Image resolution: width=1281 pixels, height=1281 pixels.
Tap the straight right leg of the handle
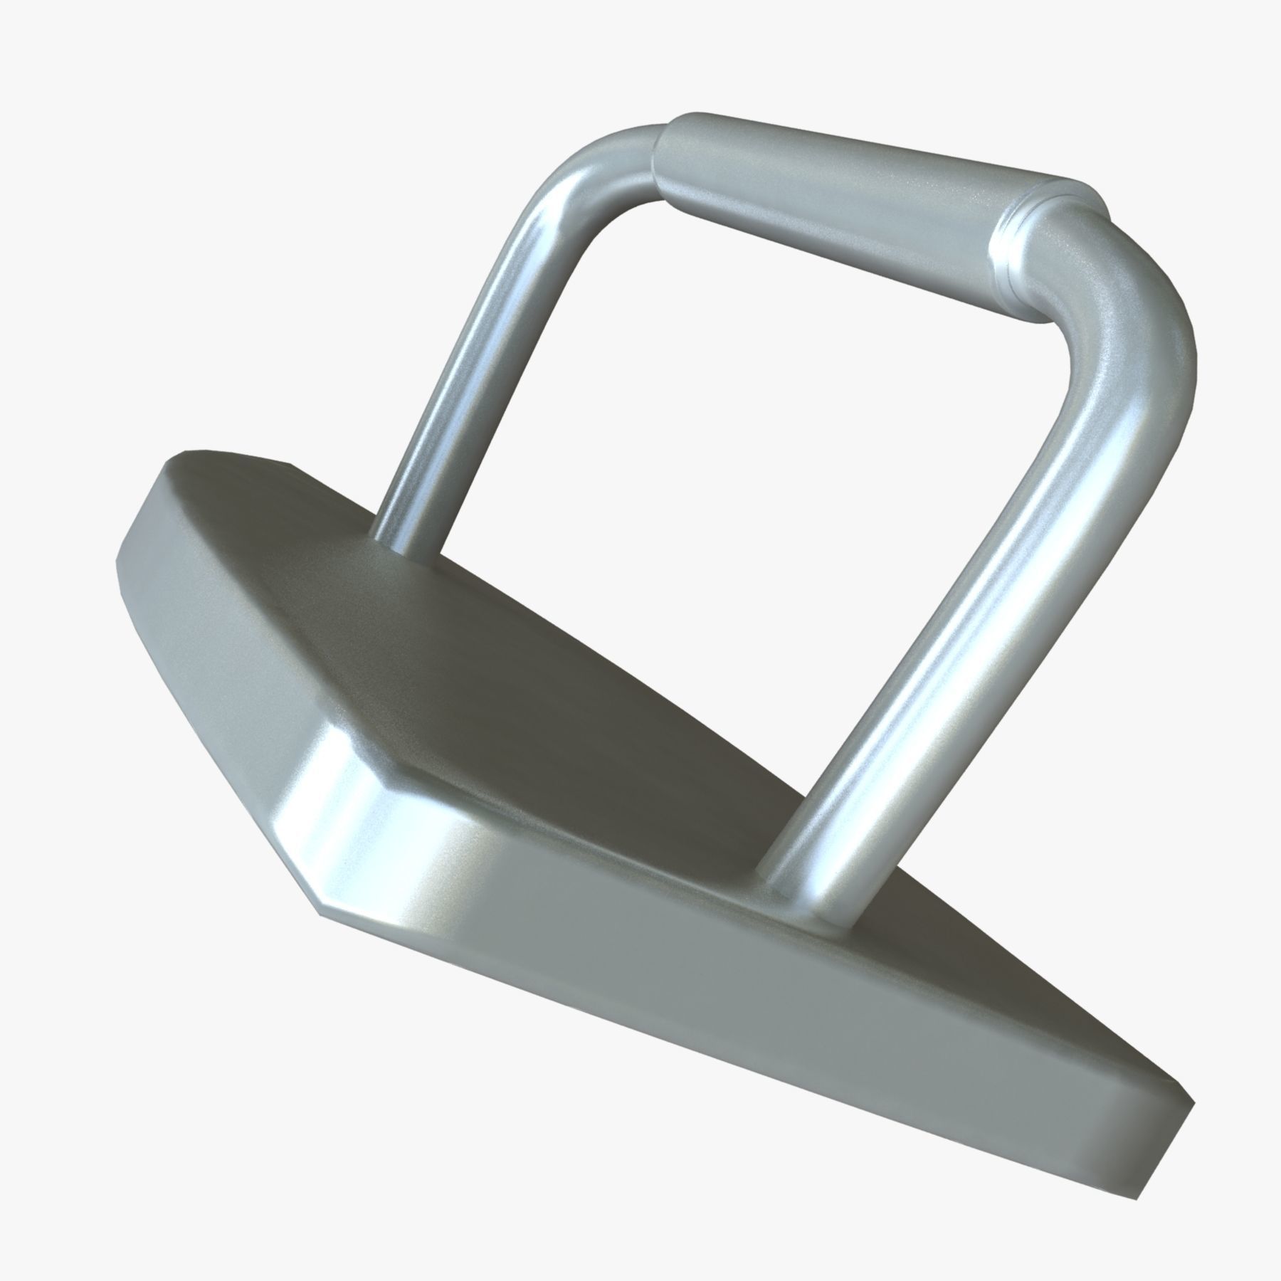947,640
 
